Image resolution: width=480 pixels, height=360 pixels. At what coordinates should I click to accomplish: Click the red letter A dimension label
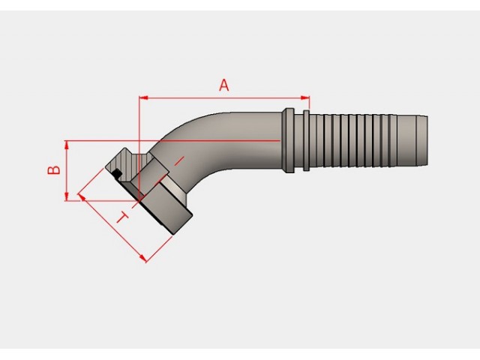coord(224,85)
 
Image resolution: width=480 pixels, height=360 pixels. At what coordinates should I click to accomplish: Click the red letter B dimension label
coord(54,170)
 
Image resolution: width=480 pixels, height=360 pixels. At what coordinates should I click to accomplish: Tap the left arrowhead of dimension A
coord(143,98)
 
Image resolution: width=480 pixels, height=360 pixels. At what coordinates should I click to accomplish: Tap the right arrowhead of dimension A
coord(305,98)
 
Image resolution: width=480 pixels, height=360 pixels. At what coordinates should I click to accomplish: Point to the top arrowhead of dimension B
coord(67,145)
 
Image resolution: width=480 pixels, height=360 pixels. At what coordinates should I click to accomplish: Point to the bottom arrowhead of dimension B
coord(67,196)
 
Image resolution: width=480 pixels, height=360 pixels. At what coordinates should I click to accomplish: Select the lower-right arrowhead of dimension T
coord(142,259)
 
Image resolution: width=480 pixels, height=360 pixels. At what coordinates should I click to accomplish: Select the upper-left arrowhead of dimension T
coord(82,197)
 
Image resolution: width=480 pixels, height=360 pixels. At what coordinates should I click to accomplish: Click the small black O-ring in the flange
coord(117,173)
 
